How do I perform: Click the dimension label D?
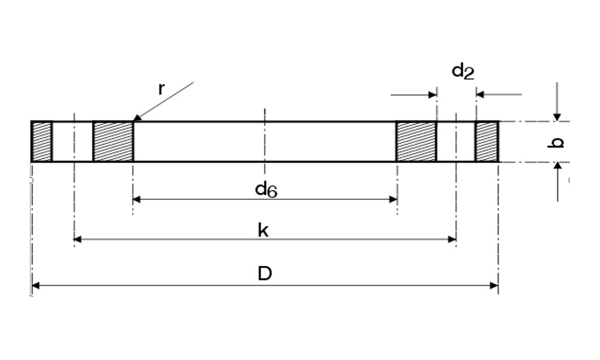[x=265, y=274]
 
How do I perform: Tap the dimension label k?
[x=263, y=230]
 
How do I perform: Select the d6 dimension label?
[x=266, y=190]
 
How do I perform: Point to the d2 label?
[x=463, y=71]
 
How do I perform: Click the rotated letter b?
[x=556, y=143]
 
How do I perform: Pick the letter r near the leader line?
[x=161, y=89]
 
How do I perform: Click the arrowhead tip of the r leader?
[x=133, y=121]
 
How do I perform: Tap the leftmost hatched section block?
[x=42, y=142]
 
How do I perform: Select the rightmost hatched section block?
[x=487, y=142]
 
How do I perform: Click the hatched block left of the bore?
[x=113, y=142]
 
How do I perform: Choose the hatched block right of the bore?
[x=416, y=142]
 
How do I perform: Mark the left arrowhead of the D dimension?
[x=35, y=286]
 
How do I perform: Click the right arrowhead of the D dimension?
[x=494, y=286]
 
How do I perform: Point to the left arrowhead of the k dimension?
[x=77, y=239]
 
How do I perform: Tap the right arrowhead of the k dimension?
[x=452, y=239]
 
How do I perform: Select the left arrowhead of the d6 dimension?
[x=137, y=199]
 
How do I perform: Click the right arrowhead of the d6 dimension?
[x=393, y=199]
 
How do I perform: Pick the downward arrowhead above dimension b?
[x=557, y=117]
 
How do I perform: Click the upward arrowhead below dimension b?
[x=557, y=166]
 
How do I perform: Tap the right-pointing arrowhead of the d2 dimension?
[x=433, y=94]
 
